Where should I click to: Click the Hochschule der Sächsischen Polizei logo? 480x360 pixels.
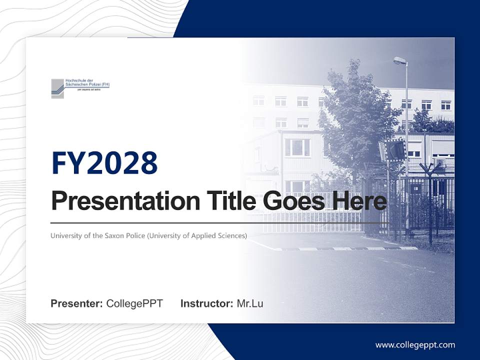pos(80,88)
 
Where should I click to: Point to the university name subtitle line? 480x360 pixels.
pos(148,235)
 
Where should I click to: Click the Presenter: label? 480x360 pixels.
pos(76,303)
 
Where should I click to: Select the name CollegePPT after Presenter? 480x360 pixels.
pos(134,303)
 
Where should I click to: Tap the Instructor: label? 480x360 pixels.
pos(206,303)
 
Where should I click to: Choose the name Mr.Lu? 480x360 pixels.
pos(250,303)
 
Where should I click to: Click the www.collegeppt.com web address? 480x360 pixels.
pos(415,345)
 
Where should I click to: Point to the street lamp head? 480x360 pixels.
pos(399,60)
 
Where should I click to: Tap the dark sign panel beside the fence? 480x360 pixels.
pos(394,149)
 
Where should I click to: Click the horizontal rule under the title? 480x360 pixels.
pos(220,222)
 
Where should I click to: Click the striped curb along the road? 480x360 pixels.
pos(345,248)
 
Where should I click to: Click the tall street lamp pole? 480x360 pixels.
pos(407,150)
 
